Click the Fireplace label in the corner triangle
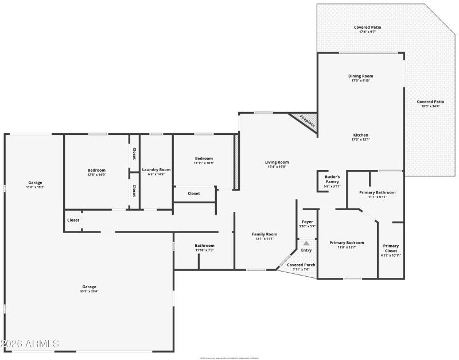[x=307, y=121]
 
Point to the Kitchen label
[x=360, y=135]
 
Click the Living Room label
[x=277, y=162]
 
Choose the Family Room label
[x=265, y=234]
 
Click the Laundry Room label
[x=157, y=170]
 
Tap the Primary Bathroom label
[x=377, y=192]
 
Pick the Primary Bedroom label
[x=347, y=243]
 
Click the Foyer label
[x=308, y=221]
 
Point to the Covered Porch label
[x=298, y=265]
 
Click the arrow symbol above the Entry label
[x=306, y=243]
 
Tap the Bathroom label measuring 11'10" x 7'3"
[x=204, y=245]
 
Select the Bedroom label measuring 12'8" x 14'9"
[x=96, y=170]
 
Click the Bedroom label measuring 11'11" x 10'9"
[x=204, y=158]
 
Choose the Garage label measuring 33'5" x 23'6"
[x=89, y=287]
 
